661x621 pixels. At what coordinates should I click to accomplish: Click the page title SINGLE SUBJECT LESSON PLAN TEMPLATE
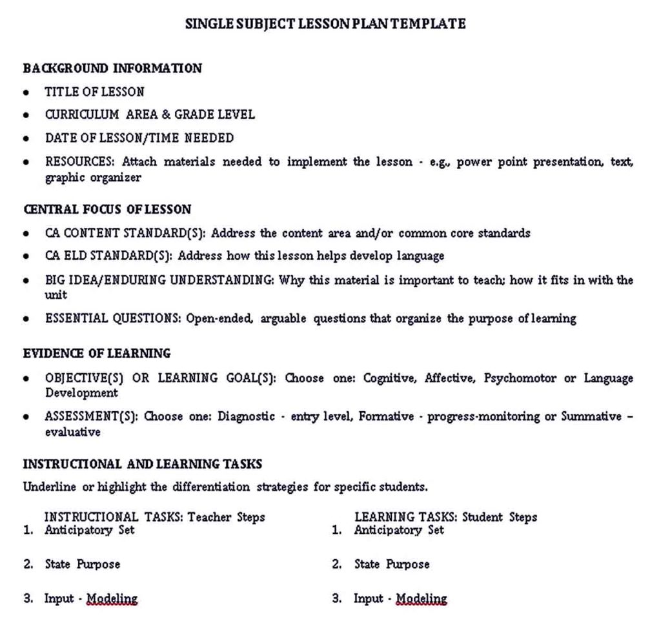coord(325,24)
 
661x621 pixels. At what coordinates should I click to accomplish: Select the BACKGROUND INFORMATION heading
coord(112,68)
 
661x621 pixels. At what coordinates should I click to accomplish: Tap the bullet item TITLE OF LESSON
coord(94,92)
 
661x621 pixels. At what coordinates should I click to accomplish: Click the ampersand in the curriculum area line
coord(165,114)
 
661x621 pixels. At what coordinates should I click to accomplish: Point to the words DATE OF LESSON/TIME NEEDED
coord(139,137)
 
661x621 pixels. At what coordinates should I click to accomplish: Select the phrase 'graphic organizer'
coord(92,178)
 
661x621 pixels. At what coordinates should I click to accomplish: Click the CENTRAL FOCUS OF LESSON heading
coord(107,209)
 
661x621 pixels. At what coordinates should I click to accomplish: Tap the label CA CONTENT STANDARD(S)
coord(125,233)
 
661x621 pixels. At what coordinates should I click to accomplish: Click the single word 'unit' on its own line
coord(56,295)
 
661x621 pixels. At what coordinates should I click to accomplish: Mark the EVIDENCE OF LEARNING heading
coord(97,353)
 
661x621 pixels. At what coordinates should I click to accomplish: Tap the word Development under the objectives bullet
coord(81,392)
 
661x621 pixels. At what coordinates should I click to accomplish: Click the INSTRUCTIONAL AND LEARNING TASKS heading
coord(143,463)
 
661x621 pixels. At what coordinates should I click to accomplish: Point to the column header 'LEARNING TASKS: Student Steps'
coord(445,517)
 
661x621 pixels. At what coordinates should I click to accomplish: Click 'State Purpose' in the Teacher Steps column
coord(82,564)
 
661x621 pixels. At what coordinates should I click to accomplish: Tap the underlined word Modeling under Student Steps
coord(421,598)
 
